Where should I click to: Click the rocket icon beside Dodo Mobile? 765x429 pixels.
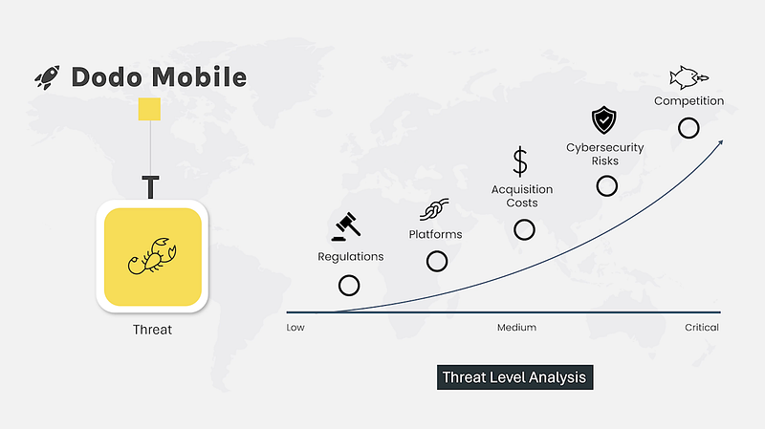click(47, 77)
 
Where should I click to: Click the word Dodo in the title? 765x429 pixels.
click(107, 77)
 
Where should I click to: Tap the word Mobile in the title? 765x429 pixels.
click(199, 77)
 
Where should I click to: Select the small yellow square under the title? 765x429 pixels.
click(149, 109)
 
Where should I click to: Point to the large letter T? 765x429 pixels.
click(150, 186)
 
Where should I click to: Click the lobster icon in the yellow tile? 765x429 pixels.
click(152, 256)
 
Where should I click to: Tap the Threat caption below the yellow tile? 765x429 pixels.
click(152, 330)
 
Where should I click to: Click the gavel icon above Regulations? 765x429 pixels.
click(346, 226)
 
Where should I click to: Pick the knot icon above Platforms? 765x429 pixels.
click(434, 209)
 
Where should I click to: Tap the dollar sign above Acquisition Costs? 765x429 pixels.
click(520, 161)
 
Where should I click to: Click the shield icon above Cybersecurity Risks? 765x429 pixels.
click(604, 120)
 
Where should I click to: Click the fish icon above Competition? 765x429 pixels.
click(688, 77)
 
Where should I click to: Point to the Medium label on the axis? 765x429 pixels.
click(516, 328)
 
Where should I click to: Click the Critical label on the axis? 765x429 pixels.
click(702, 328)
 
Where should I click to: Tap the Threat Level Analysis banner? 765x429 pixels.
click(514, 377)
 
